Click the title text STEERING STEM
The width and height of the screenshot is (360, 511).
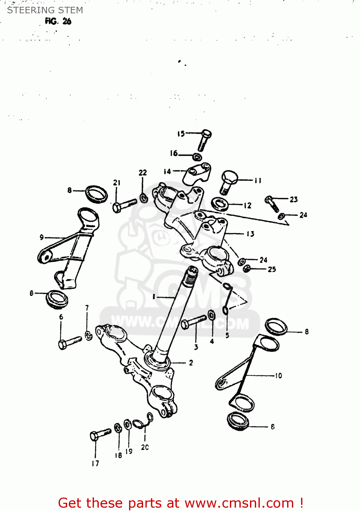[45, 10]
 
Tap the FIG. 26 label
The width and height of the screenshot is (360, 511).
[58, 21]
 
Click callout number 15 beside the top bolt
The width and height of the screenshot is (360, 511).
[181, 134]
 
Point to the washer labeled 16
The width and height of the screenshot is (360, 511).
[197, 157]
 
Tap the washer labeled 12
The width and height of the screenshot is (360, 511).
[220, 204]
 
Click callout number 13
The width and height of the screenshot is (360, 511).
[250, 234]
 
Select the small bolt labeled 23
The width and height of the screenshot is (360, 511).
[272, 203]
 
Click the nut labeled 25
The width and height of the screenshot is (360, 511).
[247, 269]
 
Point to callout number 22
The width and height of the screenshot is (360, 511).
[143, 173]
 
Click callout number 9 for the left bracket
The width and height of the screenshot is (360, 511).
[42, 237]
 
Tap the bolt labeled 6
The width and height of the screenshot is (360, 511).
[69, 342]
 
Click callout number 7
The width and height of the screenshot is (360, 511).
[87, 308]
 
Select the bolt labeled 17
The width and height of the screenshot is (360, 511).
[100, 434]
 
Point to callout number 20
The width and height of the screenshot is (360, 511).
[145, 447]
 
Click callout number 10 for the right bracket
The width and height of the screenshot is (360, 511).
[278, 375]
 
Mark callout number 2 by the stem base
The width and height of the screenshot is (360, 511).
[191, 363]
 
